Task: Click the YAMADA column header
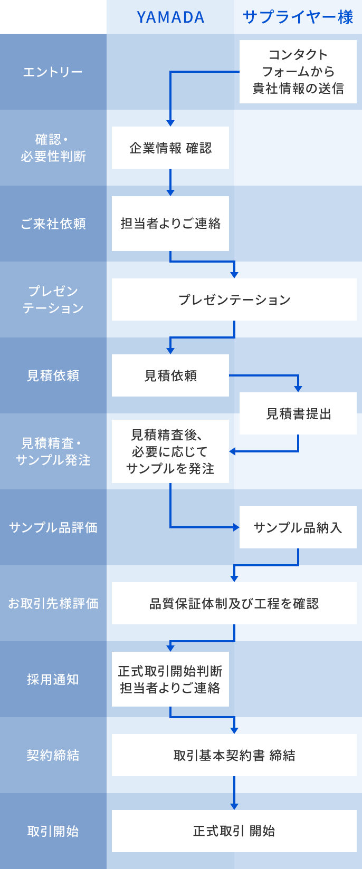click(170, 17)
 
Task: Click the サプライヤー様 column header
click(298, 17)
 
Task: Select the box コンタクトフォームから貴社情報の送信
click(298, 72)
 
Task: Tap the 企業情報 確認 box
click(170, 148)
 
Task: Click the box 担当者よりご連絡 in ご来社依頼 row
click(170, 224)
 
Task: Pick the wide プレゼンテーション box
click(234, 300)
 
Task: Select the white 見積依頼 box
click(170, 375)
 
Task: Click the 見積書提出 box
click(298, 413)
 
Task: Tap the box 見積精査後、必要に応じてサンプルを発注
click(170, 451)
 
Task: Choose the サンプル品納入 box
click(298, 527)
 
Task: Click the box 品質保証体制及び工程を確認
click(234, 603)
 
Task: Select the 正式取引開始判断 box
click(170, 679)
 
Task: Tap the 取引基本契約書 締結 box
click(234, 755)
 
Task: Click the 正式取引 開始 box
click(234, 831)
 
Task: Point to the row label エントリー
click(53, 72)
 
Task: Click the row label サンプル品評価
click(53, 527)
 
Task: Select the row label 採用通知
click(53, 679)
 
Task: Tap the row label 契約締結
click(53, 755)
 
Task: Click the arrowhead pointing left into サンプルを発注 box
click(233, 451)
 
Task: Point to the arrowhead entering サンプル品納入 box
click(236, 527)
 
